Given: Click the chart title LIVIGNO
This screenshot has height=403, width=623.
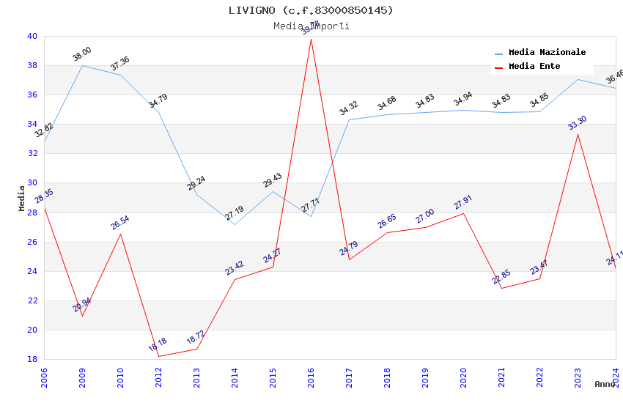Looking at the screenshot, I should (x=311, y=10).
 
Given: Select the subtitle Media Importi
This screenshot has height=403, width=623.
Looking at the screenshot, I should (x=311, y=26).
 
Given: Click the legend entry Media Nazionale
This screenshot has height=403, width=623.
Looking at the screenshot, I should (x=547, y=53).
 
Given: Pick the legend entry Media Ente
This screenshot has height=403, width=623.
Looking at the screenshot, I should (x=534, y=67).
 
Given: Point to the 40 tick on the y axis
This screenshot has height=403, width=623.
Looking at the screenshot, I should (x=32, y=36).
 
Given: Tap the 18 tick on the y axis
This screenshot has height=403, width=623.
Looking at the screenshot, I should (x=32, y=359).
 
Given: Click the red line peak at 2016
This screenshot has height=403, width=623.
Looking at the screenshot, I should (x=311, y=38).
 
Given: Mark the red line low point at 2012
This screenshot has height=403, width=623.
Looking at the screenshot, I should (x=158, y=356).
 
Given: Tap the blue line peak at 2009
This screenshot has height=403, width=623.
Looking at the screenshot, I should (x=82, y=65).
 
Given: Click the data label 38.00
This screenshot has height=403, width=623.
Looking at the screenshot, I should (x=81, y=54).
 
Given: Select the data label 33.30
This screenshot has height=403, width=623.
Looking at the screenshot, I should (x=577, y=123).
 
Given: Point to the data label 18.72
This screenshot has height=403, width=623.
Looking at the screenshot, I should (x=196, y=338).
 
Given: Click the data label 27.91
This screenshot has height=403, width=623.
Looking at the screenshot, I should (x=462, y=202).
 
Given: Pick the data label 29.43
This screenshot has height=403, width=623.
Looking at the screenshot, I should (x=272, y=180).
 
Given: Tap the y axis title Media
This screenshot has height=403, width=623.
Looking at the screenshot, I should (x=22, y=198).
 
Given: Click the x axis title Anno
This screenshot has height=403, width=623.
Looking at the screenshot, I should (x=605, y=384).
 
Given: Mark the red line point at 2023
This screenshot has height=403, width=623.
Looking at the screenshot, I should (x=578, y=134).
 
